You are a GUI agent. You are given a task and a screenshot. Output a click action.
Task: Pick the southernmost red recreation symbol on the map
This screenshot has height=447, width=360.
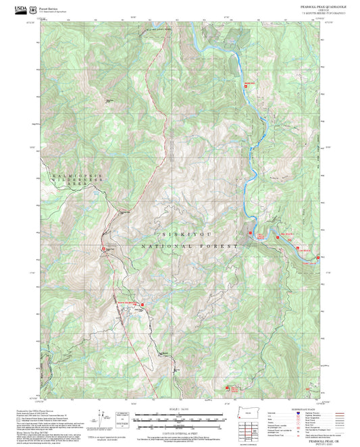pyautogui.click(x=228, y=388)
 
